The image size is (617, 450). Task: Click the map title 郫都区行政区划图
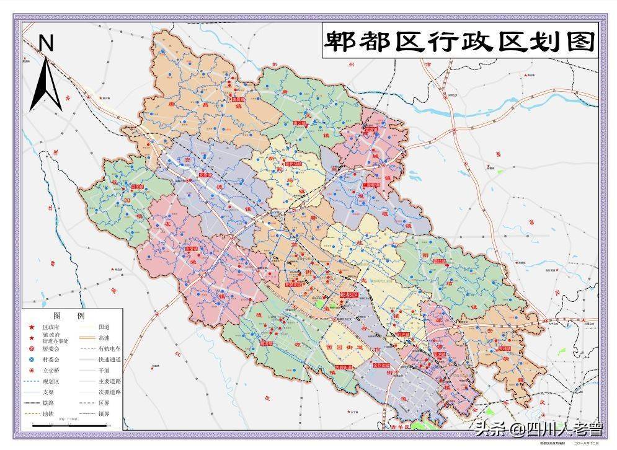[459, 42]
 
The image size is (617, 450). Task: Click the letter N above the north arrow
[47, 43]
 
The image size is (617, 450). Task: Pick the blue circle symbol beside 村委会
[31, 360]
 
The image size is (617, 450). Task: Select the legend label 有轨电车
[109, 348]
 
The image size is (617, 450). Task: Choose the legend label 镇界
[105, 413]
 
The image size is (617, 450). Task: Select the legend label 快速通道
[109, 360]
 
